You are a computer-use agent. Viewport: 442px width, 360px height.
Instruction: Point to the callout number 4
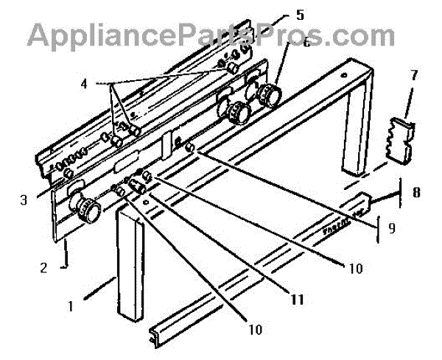pyautogui.click(x=84, y=84)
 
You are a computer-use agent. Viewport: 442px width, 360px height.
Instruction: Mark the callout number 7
pyautogui.click(x=413, y=75)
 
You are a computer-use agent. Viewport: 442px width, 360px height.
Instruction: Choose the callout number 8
pyautogui.click(x=416, y=194)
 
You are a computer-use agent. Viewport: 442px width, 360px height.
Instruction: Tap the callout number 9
pyautogui.click(x=392, y=228)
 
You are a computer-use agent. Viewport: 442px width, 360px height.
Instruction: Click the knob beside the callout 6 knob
pyautogui.click(x=237, y=113)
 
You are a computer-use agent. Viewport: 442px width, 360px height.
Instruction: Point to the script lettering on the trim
pyautogui.click(x=340, y=225)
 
